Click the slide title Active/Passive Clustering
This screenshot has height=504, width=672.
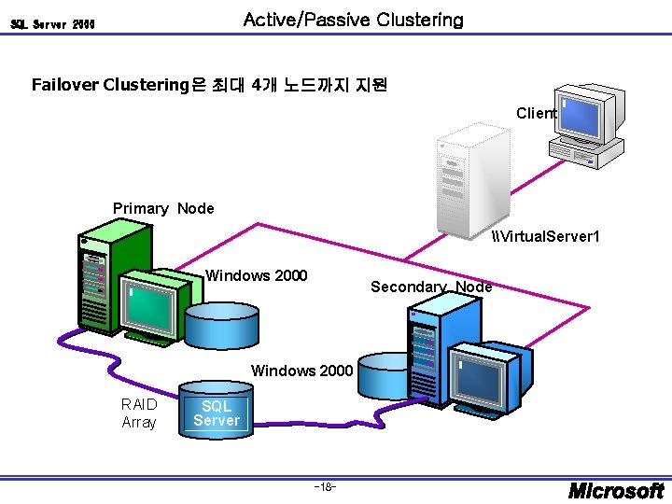click(353, 20)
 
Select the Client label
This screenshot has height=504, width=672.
click(536, 113)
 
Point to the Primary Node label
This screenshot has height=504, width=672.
click(163, 208)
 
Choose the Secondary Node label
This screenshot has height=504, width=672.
click(430, 287)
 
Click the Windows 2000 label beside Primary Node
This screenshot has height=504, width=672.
click(256, 275)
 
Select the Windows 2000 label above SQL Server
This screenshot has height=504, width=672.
click(301, 371)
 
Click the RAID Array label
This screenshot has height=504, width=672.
click(139, 413)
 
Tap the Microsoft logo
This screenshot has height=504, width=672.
click(617, 490)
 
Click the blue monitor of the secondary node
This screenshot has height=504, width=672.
click(483, 373)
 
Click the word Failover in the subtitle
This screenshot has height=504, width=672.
click(65, 85)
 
